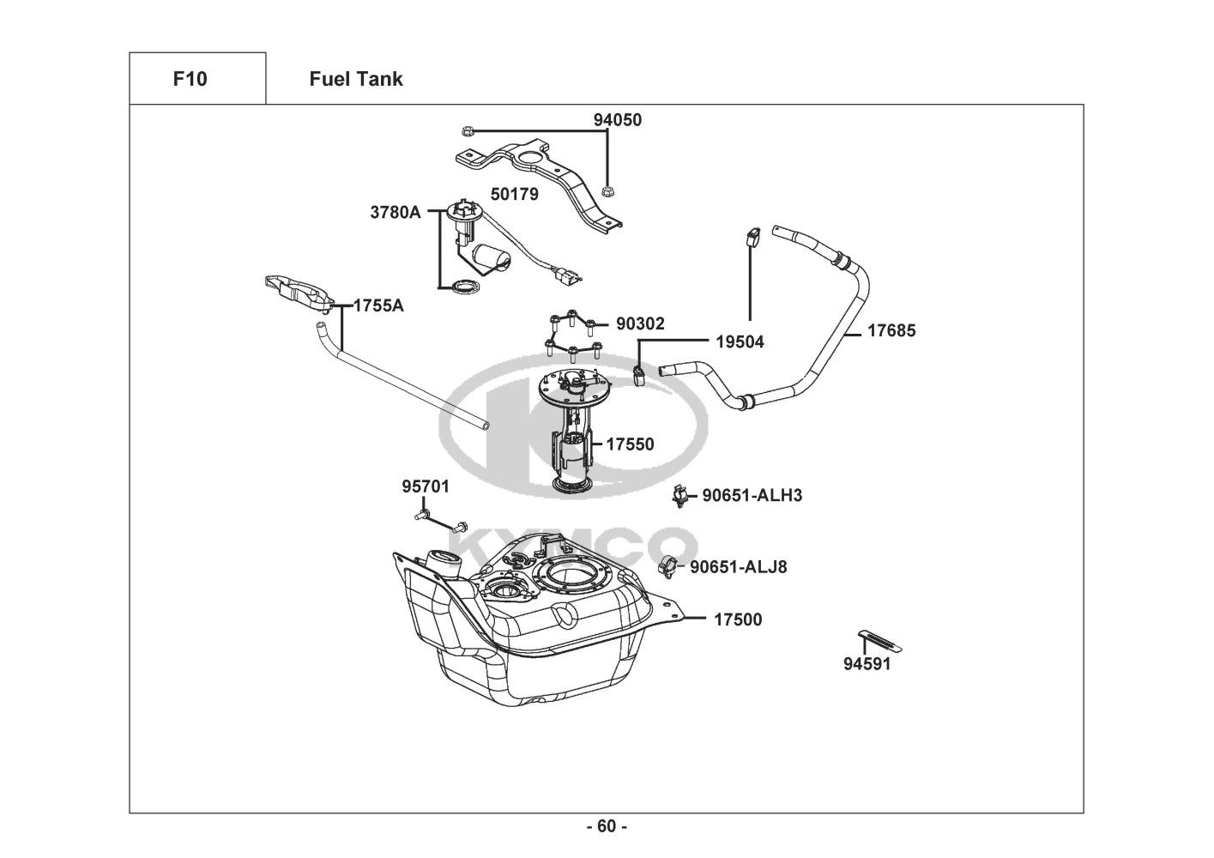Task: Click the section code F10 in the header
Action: tap(190, 79)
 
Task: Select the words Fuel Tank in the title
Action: tap(356, 79)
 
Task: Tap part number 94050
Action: tap(618, 120)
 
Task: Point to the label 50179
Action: tap(514, 194)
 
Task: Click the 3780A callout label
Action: tap(396, 212)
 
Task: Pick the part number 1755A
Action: tap(378, 305)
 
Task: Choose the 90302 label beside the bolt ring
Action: tap(640, 323)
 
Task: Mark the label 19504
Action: tap(740, 342)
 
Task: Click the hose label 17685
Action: tap(891, 330)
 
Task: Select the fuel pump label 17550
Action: tap(630, 444)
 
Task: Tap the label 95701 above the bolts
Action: tap(426, 486)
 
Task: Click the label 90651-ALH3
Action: tap(752, 495)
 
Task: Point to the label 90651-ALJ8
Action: tap(738, 567)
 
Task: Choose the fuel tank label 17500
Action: tap(738, 619)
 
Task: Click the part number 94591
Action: tap(867, 664)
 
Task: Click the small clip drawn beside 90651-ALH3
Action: tap(680, 496)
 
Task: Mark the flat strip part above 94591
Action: tap(879, 641)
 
